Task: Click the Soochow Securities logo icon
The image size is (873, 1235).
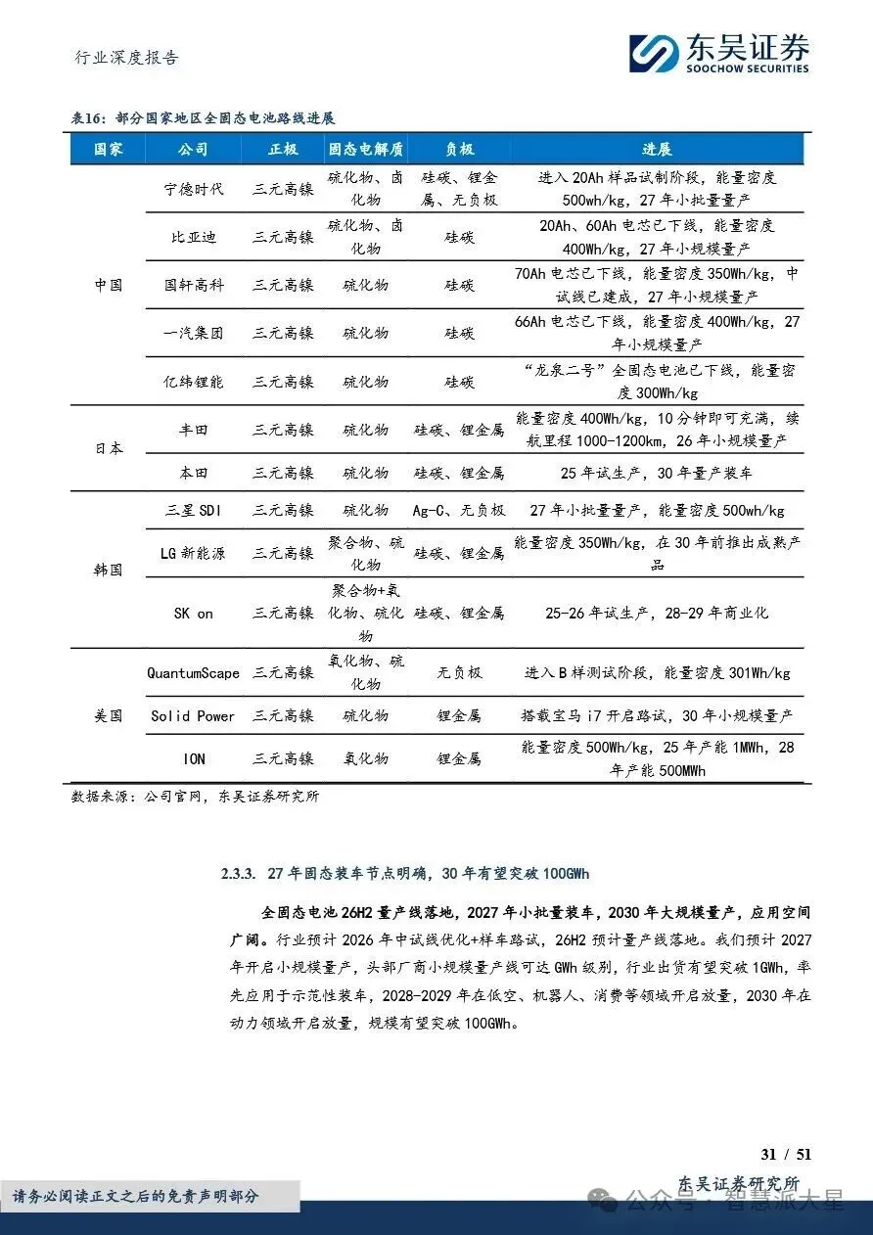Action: pos(654,52)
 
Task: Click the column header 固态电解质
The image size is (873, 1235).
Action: pos(366,149)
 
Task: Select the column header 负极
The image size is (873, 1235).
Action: pos(459,149)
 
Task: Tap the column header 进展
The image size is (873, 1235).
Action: pos(657,149)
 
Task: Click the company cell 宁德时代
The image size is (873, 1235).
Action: pos(194,188)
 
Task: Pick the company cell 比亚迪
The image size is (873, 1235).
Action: pos(194,236)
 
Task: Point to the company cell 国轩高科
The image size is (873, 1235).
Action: pos(194,285)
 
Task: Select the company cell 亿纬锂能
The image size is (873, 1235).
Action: pos(194,382)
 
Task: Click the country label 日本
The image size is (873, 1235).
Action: pos(109,450)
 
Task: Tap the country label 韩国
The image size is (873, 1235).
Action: pos(109,570)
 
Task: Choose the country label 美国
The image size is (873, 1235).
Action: pos(109,715)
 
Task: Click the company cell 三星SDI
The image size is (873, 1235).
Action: pos(194,510)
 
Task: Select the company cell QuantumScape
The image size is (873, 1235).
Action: pos(194,672)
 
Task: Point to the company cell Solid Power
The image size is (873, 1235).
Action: pos(194,715)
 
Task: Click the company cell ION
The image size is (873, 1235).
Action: pos(194,758)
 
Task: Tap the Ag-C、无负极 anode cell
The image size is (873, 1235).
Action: pos(459,510)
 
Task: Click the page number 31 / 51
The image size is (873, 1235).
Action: pos(787,1154)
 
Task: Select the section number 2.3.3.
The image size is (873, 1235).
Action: pos(241,873)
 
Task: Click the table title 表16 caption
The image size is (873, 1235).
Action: pos(203,117)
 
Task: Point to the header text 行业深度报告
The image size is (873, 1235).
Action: pos(127,58)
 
